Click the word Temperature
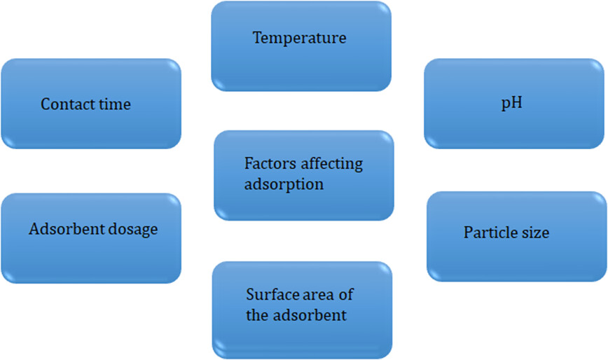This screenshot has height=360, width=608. click(299, 38)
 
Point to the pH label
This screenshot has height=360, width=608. click(512, 103)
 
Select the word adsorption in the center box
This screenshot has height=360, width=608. click(284, 184)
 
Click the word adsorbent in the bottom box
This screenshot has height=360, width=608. click(310, 315)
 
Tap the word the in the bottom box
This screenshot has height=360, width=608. click(258, 315)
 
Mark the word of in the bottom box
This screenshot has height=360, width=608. click(346, 294)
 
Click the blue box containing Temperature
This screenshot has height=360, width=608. click(301, 46)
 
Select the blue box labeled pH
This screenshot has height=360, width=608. click(514, 104)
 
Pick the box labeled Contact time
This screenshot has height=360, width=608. click(91, 104)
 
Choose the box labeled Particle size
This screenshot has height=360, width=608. click(517, 237)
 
